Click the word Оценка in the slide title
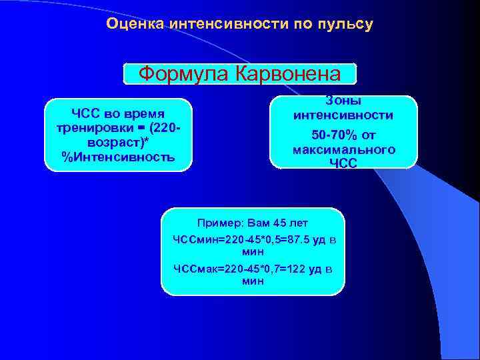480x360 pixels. coord(136,25)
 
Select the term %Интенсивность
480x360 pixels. coord(118,157)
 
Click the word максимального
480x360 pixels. coord(343,149)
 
